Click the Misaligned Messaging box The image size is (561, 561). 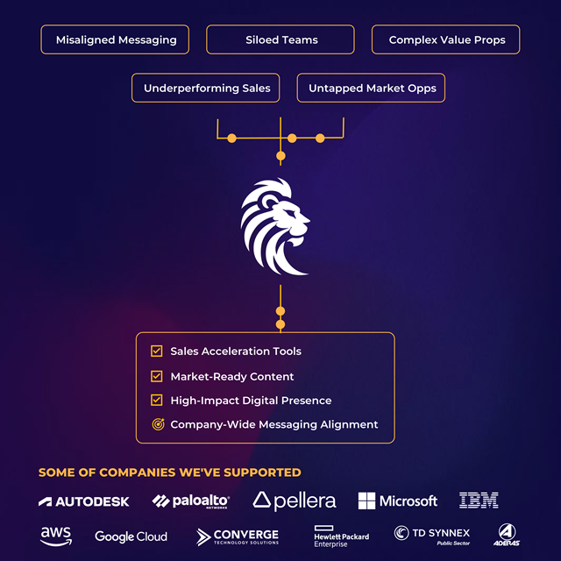117,39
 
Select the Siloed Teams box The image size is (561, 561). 280,39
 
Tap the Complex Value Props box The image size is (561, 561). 445,39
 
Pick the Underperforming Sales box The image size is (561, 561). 207,88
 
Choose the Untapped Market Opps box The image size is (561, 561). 372,88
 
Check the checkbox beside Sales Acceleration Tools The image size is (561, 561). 157,352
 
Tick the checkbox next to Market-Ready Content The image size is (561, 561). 157,376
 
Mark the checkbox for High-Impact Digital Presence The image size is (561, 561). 157,400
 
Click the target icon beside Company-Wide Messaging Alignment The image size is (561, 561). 158,424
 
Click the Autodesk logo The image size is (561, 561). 84,501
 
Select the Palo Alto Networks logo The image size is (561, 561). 190,501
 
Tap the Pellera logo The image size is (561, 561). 294,501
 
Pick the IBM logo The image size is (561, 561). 479,501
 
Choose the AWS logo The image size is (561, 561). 55,535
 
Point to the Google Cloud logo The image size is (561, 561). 131,536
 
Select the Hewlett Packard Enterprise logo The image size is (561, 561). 341,536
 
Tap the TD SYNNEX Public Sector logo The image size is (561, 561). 432,535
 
